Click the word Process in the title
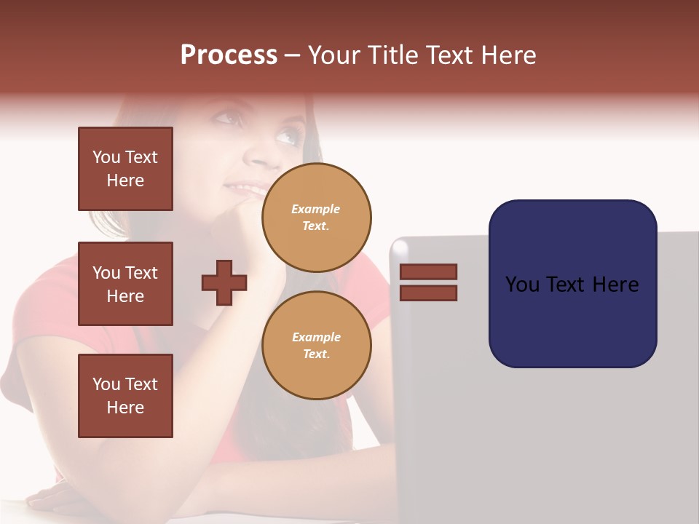(229, 55)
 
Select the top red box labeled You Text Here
(125, 169)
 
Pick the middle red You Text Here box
(125, 284)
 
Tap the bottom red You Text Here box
(125, 396)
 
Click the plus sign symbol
(224, 282)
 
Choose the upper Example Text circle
(317, 218)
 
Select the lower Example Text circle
(317, 346)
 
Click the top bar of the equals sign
(429, 271)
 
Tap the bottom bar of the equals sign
(429, 293)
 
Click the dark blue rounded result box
(572, 283)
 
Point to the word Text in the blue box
(571, 285)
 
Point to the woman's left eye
(287, 136)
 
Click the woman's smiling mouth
(242, 191)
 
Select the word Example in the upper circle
(316, 209)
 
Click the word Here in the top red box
(125, 180)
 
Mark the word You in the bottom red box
(106, 384)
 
